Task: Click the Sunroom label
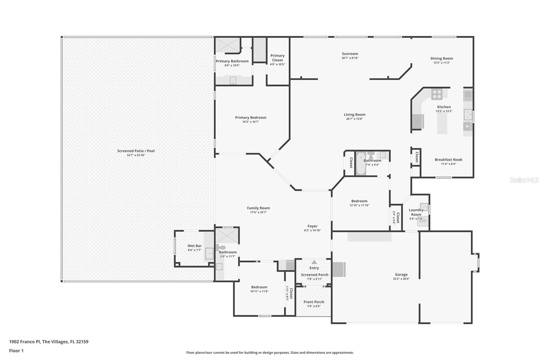point(350,54)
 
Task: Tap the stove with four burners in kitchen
point(436,94)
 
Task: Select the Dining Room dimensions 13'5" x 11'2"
point(441,63)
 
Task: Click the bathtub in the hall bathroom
point(361,164)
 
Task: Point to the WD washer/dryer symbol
point(423,221)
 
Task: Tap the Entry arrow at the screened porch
point(314,262)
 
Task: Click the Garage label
point(401,275)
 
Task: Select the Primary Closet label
point(277,58)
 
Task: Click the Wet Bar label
point(194,246)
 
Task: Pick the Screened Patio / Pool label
point(136,151)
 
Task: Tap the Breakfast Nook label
point(448,160)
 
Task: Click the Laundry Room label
point(416,212)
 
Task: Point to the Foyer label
point(312,226)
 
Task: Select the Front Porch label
point(314,302)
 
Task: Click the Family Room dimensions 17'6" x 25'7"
point(258,212)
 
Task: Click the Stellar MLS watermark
point(524,180)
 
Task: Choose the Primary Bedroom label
point(250,118)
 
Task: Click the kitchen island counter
point(442,123)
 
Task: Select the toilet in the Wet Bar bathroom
point(220,248)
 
